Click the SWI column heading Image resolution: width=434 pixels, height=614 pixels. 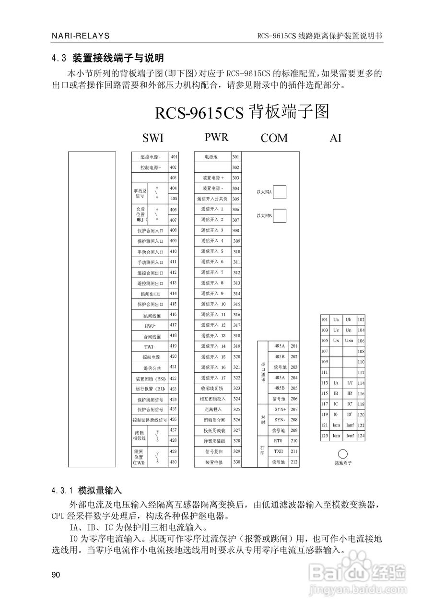coord(153,138)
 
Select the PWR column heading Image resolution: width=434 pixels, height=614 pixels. coord(216,137)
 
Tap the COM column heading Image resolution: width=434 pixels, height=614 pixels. coord(274,138)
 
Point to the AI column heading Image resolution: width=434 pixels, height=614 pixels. coord(335,138)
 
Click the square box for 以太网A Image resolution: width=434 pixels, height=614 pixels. coord(280,192)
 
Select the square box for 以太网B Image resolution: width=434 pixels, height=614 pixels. coord(280,215)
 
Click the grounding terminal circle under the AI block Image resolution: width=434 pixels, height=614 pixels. coord(343,454)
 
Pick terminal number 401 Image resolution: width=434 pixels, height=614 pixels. coord(173,157)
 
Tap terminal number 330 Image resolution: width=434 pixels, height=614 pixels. coord(236,462)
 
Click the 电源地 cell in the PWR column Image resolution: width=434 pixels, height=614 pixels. coord(211,157)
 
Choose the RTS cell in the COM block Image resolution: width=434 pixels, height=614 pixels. coord(278,440)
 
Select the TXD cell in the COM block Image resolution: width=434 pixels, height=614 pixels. coord(278,451)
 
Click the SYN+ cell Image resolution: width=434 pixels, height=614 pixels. coord(280,409)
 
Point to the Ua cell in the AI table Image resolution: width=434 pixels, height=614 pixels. coord(336,319)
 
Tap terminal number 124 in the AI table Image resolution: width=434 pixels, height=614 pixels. coord(361,436)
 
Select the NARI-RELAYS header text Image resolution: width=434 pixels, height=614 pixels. coord(81,36)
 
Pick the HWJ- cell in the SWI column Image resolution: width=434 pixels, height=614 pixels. coord(149,325)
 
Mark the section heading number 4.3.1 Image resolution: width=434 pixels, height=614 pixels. coord(62,491)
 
